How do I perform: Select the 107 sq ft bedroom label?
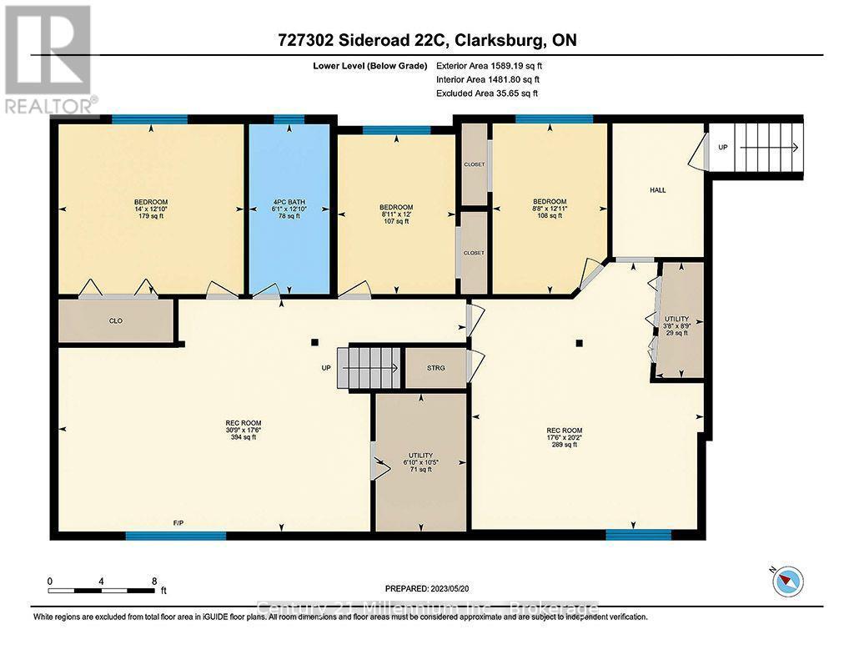point(396,214)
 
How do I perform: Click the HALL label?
point(657,190)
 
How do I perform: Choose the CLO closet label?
point(116,320)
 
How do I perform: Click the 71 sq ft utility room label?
point(420,462)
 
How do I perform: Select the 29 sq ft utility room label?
point(676,325)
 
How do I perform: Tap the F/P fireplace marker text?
point(178,522)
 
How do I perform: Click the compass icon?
point(787,580)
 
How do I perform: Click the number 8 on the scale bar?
point(153,581)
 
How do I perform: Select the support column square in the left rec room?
point(314,341)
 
